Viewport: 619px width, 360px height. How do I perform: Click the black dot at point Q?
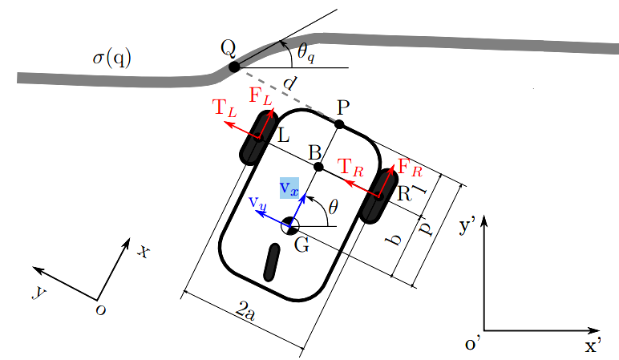coord(233,67)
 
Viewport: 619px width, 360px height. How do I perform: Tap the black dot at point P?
coord(339,124)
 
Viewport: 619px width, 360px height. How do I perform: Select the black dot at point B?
coord(318,167)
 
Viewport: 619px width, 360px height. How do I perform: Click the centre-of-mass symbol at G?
coord(290,226)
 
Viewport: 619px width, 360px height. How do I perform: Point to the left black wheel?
coord(258,138)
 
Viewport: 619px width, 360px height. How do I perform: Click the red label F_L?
coord(260,95)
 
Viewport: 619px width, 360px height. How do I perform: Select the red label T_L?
coord(224,108)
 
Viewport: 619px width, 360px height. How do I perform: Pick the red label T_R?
coord(350,168)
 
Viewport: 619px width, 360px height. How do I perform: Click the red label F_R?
coord(410,169)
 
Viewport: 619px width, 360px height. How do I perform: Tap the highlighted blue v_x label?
coord(289,188)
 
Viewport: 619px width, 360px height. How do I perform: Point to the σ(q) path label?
coord(112,58)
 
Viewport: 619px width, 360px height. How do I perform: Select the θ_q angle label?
coord(306,52)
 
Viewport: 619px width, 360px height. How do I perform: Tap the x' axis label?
coord(593,346)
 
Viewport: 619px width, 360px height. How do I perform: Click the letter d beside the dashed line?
coord(289,82)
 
